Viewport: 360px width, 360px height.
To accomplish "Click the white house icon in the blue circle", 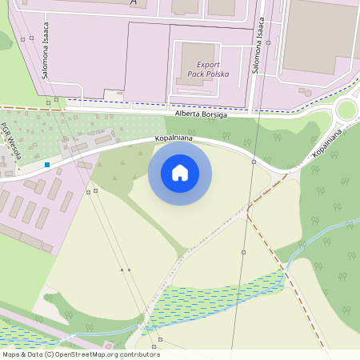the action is [180, 173].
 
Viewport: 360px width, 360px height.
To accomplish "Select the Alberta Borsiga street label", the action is [196, 115].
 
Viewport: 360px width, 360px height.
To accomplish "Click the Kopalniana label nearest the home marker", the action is [175, 139].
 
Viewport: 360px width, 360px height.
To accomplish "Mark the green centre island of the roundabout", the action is [346, 110].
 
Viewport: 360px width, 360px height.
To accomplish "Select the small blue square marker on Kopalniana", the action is [47, 165].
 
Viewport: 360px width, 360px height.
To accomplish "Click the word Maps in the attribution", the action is [12, 354].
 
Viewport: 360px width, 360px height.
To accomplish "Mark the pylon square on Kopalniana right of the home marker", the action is [254, 162].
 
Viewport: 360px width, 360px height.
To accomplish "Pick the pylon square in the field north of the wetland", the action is [243, 252].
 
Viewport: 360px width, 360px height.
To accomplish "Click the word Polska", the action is [215, 74].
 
